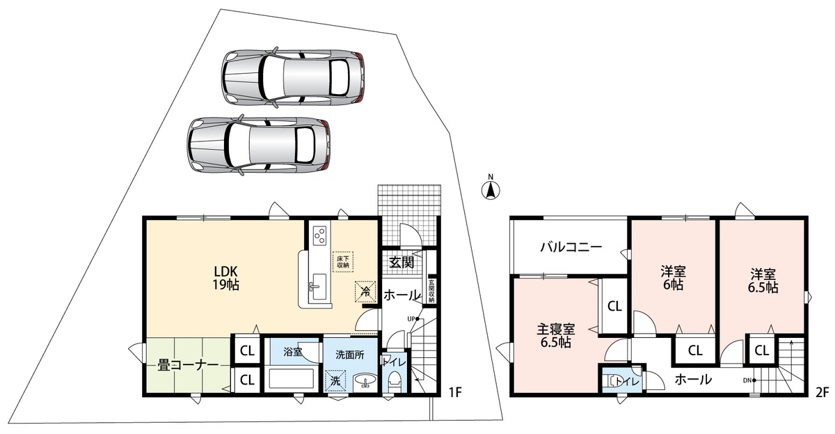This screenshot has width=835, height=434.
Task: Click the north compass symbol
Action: pos(491,189)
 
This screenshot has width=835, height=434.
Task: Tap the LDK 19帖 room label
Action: pos(226,278)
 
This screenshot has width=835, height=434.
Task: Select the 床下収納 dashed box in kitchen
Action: pos(342,262)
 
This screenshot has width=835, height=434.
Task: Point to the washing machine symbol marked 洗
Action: pos(335,380)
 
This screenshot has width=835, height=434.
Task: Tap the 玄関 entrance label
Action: pos(402,263)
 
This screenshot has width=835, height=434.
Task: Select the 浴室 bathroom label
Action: pos(293,352)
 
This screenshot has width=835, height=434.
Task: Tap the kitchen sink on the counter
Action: pos(319,286)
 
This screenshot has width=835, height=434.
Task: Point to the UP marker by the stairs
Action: pos(413,318)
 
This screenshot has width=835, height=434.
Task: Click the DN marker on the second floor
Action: pos(749,380)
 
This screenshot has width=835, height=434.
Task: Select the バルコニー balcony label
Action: pos(571,247)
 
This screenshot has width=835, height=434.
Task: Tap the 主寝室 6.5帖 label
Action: pos(555,336)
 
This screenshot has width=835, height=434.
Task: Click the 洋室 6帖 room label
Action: pos(673,278)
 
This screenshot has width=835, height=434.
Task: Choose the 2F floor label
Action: pos(821,392)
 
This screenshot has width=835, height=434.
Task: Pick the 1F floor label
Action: pos(455,392)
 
